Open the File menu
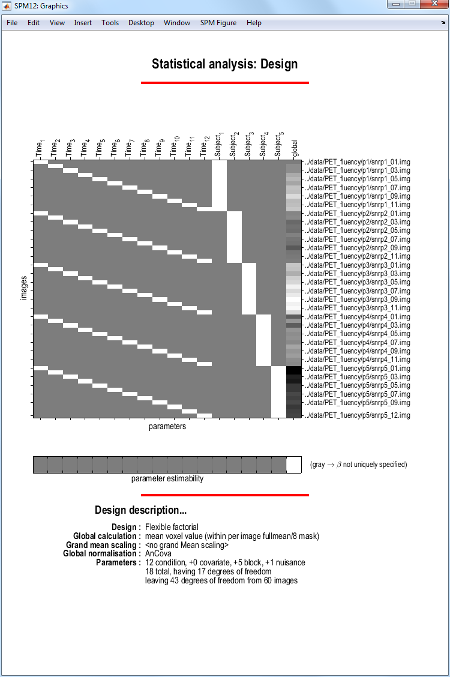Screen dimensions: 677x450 pyautogui.click(x=12, y=23)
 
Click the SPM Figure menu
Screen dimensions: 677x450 pyautogui.click(x=218, y=23)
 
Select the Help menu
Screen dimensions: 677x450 pyautogui.click(x=254, y=23)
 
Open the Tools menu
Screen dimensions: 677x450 pyautogui.click(x=110, y=23)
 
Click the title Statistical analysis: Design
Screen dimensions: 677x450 pyautogui.click(x=224, y=64)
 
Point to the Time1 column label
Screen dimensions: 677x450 pyautogui.click(x=40, y=148)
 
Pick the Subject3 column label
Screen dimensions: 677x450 pyautogui.click(x=248, y=145)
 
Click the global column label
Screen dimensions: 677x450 pyautogui.click(x=294, y=148)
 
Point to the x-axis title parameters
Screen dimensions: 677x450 pyautogui.click(x=167, y=427)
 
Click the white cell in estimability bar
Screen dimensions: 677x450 pyautogui.click(x=294, y=465)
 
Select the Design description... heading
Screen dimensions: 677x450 pyautogui.click(x=140, y=510)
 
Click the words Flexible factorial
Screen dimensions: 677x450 pyautogui.click(x=172, y=527)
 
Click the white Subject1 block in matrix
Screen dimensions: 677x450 pyautogui.click(x=219, y=186)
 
